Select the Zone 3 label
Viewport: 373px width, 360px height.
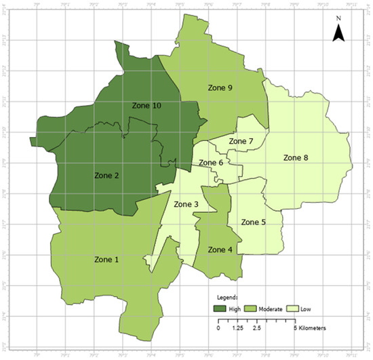186,205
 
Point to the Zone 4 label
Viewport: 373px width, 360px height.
220,249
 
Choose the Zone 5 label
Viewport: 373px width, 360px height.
254,222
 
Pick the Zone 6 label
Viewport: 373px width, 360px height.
210,163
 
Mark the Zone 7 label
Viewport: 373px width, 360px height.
241,141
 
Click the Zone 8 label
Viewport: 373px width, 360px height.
296,158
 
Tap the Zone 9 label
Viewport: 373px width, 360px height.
220,87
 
